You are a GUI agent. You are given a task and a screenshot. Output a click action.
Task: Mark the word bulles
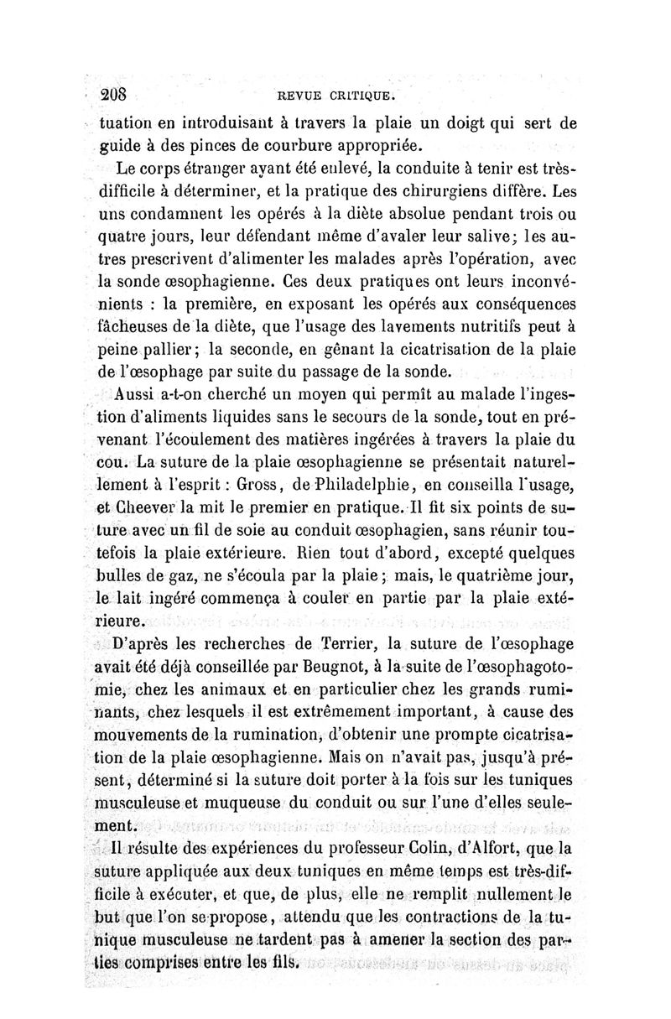tap(127, 576)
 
